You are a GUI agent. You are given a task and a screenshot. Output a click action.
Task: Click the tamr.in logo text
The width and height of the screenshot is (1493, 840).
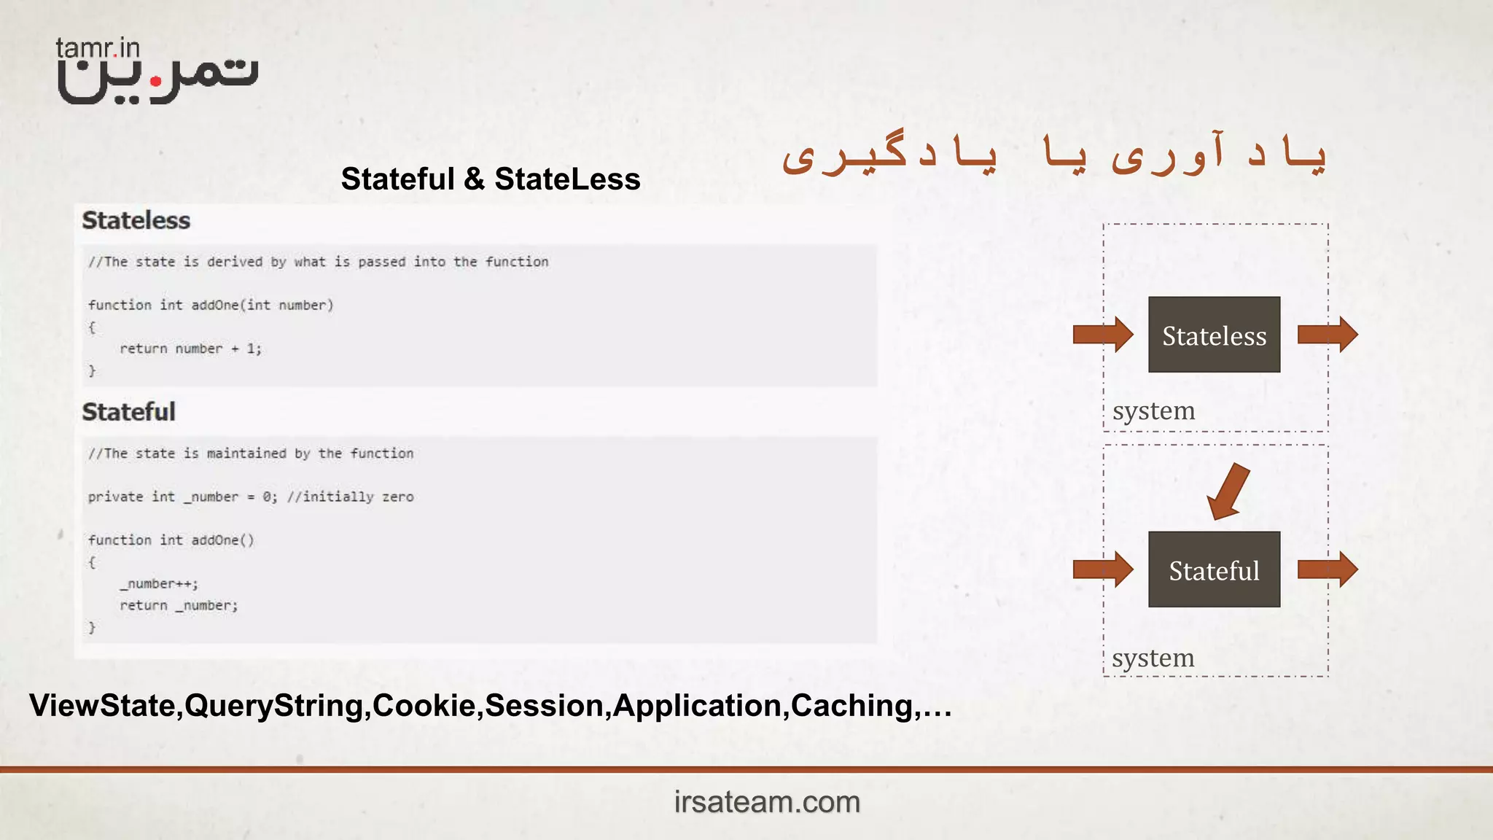[98, 48]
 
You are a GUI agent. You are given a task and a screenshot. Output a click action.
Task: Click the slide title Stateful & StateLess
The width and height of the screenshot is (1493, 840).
[491, 179]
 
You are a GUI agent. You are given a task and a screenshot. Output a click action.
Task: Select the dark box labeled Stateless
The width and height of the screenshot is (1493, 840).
[1214, 335]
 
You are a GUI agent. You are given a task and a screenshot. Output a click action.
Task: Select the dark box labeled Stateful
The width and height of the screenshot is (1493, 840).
[1214, 569]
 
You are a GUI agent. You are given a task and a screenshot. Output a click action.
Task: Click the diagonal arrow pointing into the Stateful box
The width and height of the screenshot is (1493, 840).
[1228, 491]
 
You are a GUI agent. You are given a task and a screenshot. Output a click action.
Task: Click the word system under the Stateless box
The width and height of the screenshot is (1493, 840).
[1153, 411]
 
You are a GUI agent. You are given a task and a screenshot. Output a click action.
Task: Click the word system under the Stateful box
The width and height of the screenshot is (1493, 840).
[1153, 658]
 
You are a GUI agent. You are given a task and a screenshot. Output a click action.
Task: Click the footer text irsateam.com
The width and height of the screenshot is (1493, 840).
[767, 802]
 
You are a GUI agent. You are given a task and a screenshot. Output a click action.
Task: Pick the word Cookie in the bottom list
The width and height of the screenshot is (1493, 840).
[424, 706]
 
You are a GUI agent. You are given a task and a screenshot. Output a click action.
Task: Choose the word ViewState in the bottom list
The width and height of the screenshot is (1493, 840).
[102, 706]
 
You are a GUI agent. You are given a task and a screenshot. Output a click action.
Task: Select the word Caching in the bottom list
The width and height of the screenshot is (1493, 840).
[851, 706]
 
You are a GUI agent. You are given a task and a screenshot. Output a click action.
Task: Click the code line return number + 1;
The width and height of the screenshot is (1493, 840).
[190, 349]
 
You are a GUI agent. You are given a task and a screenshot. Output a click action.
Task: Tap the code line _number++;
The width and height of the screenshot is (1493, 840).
[159, 584]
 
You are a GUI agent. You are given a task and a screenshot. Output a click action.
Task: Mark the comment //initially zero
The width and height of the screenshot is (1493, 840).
[351, 497]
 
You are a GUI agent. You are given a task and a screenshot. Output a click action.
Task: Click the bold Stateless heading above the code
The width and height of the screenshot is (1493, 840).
[136, 221]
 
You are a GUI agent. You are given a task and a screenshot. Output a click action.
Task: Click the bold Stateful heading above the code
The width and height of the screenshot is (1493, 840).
[128, 413]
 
